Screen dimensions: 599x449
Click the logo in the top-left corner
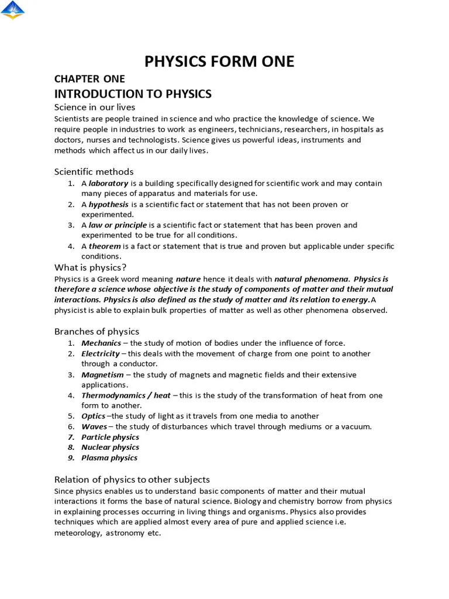pyautogui.click(x=13, y=10)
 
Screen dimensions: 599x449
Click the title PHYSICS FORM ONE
pyautogui.click(x=219, y=61)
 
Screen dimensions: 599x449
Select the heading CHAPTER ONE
pyautogui.click(x=89, y=79)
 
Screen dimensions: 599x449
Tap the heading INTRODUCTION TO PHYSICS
pyautogui.click(x=133, y=94)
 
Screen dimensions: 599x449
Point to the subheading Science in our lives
pyautogui.click(x=95, y=107)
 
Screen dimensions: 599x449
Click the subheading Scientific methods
pyautogui.click(x=94, y=171)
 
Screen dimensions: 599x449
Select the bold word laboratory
pyautogui.click(x=108, y=183)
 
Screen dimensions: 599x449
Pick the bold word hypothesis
pyautogui.click(x=109, y=204)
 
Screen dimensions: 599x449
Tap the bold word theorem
pyautogui.click(x=105, y=246)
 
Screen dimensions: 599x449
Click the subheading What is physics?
pyautogui.click(x=91, y=267)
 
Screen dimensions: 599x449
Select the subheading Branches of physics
pyautogui.click(x=96, y=332)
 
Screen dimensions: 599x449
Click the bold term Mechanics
pyautogui.click(x=101, y=343)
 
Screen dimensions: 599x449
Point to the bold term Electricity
pyautogui.click(x=101, y=354)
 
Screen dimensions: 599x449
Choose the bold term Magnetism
pyautogui.click(x=102, y=375)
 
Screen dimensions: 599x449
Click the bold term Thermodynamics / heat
pyautogui.click(x=126, y=395)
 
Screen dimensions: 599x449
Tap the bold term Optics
pyautogui.click(x=93, y=416)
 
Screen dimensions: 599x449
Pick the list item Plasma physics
pyautogui.click(x=109, y=458)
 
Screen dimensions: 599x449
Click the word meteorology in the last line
pyautogui.click(x=77, y=533)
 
